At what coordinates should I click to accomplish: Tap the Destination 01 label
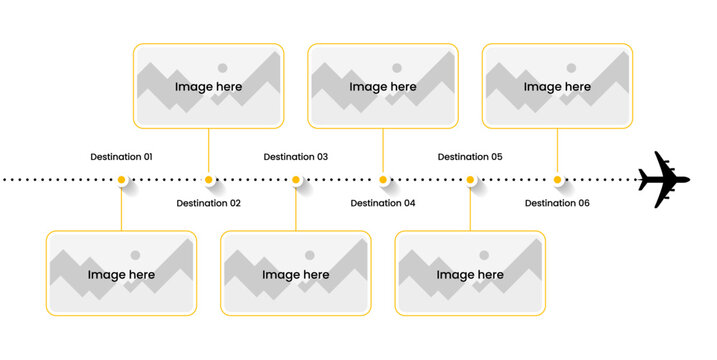[121, 157]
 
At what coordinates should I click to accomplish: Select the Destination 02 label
[208, 203]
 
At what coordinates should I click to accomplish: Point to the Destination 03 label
[295, 157]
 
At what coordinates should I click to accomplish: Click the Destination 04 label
[383, 203]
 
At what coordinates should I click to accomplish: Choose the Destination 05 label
[470, 157]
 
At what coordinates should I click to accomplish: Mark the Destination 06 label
[557, 203]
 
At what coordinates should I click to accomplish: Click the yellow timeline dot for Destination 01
[121, 180]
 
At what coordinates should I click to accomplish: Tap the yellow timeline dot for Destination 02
[208, 180]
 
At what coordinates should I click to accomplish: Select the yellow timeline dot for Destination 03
[296, 180]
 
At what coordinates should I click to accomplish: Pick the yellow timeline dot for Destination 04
[383, 180]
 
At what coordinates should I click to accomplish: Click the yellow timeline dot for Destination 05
[470, 180]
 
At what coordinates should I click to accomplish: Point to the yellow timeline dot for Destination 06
[557, 180]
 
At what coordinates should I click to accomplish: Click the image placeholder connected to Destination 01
[121, 273]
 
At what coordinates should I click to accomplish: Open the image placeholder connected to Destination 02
[208, 86]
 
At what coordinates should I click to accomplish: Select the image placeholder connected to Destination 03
[295, 273]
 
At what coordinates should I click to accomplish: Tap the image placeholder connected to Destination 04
[383, 86]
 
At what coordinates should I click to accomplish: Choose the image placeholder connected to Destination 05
[470, 273]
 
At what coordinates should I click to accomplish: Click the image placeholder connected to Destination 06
[557, 86]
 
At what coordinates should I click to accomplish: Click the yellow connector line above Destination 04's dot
[383, 151]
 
